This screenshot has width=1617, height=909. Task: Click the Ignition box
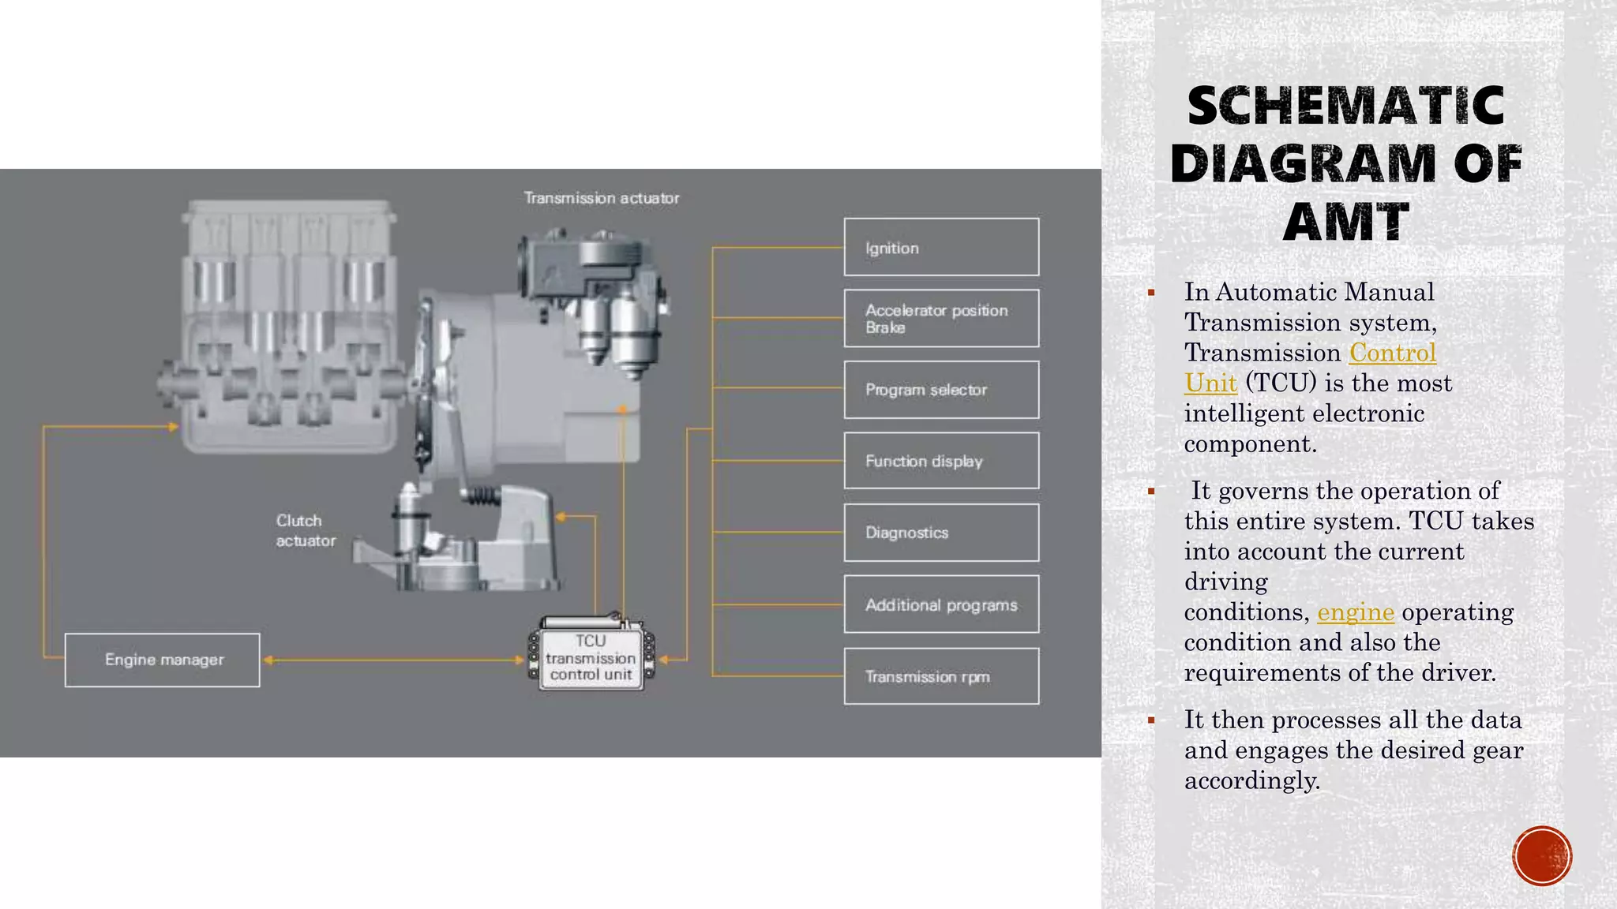coord(941,247)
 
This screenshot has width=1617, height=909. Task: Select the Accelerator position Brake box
coord(941,318)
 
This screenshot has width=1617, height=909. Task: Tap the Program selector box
coord(941,390)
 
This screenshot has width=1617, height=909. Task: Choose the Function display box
coord(941,461)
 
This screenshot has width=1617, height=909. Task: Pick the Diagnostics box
coord(941,533)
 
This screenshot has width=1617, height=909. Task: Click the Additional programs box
coord(941,604)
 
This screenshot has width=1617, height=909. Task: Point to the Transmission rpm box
coord(941,676)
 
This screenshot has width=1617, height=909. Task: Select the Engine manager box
coord(162,660)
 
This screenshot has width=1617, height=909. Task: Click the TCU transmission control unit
coord(591,656)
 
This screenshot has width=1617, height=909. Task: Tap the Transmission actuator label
coord(602,198)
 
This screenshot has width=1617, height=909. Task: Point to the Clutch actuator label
coord(306,530)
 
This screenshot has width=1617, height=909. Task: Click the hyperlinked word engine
coord(1356,613)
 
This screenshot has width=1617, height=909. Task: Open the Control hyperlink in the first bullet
coord(1393,353)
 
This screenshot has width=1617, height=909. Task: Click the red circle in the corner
coord(1542,856)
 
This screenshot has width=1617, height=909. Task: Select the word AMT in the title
coord(1346,222)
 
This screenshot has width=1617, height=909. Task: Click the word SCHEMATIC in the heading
coord(1346,106)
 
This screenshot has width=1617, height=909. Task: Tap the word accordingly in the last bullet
coord(1252,781)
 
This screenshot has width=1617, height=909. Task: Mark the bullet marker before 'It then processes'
coord(1151,720)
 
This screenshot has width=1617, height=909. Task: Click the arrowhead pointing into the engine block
coord(173,427)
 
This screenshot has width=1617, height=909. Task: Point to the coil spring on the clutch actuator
coord(480,496)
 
